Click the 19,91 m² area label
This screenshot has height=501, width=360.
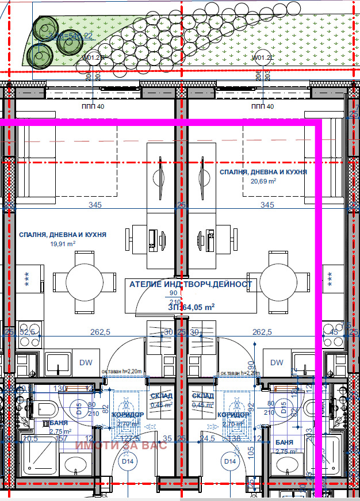pos(63,244)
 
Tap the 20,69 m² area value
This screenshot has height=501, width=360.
pos(263,181)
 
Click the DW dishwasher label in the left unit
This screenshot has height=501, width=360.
pos(85,362)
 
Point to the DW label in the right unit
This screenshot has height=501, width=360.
pos(277,362)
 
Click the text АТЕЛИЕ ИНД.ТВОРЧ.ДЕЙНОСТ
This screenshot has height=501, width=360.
pos(190,284)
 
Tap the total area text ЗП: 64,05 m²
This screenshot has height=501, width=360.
pos(191,307)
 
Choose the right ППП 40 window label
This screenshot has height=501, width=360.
pos(263,106)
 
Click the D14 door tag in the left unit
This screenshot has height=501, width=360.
pos(127,461)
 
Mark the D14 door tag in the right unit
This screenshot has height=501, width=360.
pos(230,461)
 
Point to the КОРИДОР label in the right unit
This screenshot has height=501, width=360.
pos(233,415)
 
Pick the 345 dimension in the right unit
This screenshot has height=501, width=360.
pos(267,205)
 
